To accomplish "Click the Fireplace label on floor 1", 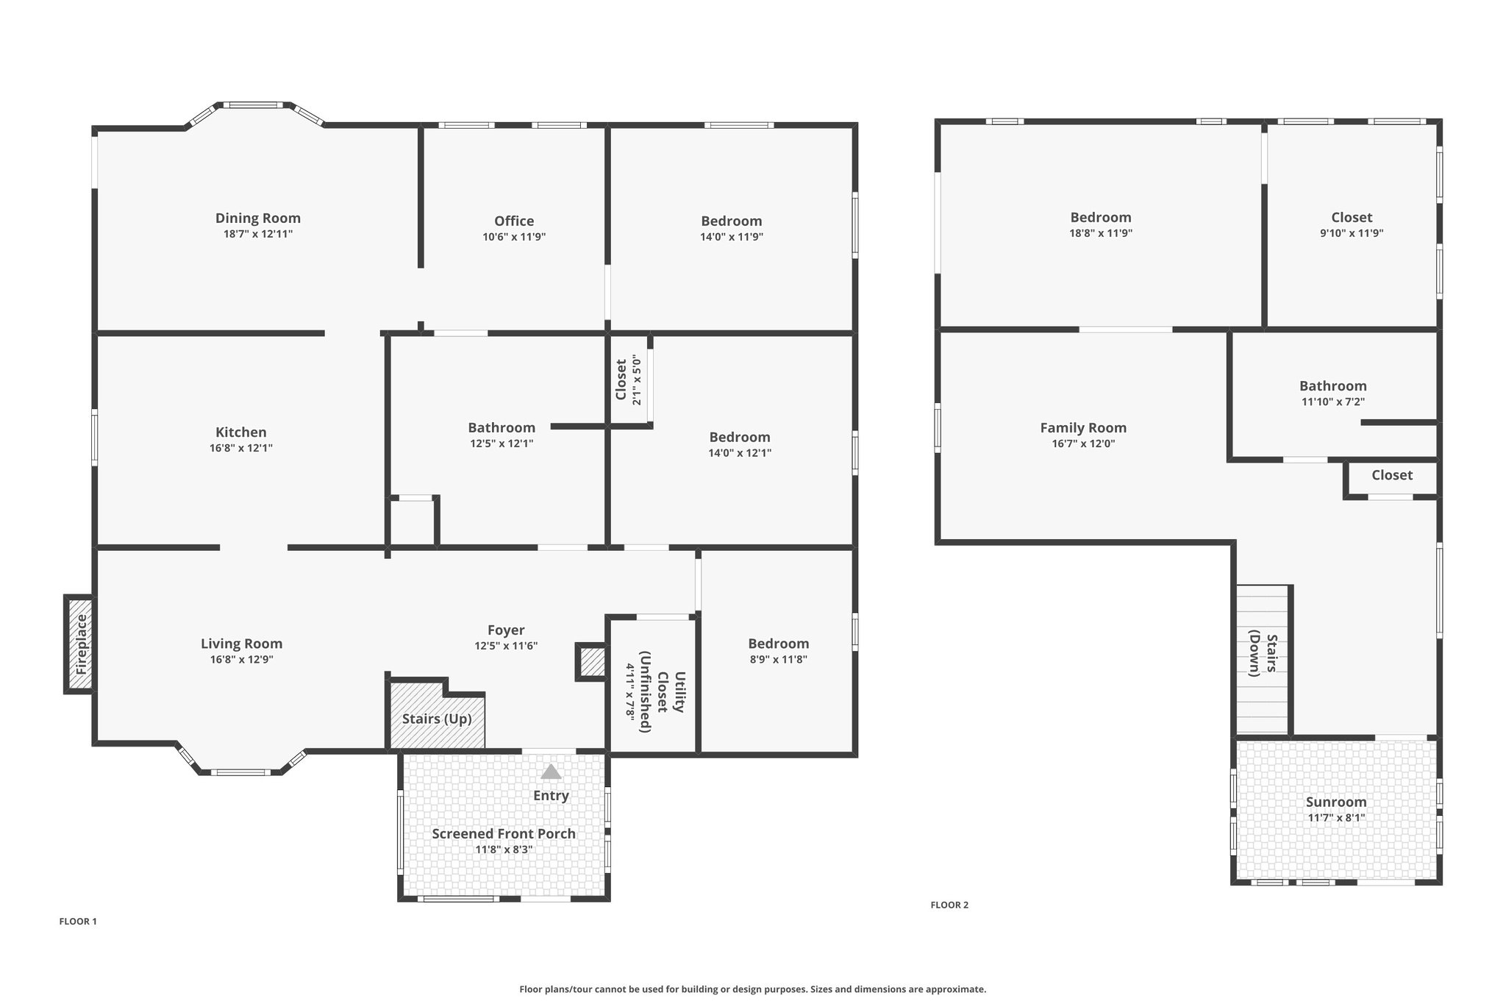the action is (x=82, y=645).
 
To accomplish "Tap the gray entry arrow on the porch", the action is (x=551, y=772).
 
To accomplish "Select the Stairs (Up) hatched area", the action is (x=437, y=714).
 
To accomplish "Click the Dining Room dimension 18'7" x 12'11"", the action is (x=257, y=234).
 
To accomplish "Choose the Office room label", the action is (x=514, y=221).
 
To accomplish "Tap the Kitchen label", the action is (x=241, y=432).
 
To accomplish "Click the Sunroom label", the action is (x=1336, y=802).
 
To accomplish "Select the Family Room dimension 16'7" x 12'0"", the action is (x=1083, y=444).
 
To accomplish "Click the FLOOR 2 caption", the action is (x=949, y=905).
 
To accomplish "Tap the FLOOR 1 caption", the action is (x=78, y=921).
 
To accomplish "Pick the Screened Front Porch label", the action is (x=504, y=833).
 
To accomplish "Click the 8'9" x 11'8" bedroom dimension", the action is (x=779, y=660).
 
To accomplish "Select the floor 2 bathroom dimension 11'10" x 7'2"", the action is (x=1333, y=402).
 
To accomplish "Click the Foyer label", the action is (x=506, y=630).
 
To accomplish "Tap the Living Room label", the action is (x=241, y=644).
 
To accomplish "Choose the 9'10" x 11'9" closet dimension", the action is (x=1352, y=233).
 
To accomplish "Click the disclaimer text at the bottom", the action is (x=753, y=989).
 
